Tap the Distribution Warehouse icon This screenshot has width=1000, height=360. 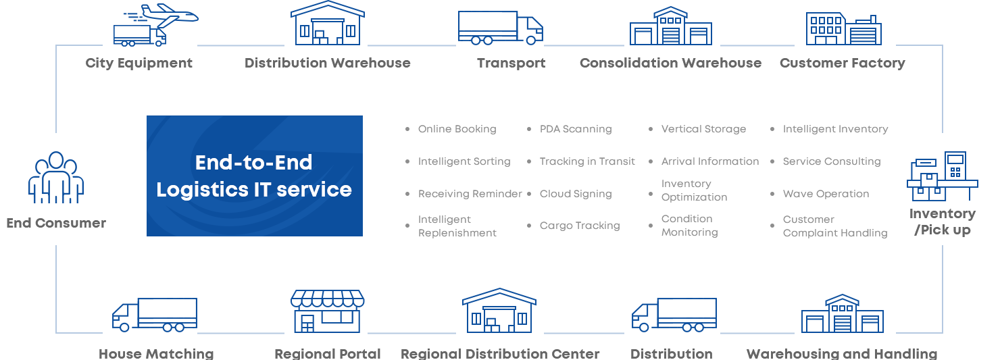[x=328, y=23]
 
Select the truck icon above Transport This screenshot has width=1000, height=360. [x=501, y=28]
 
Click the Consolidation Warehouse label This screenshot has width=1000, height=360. [x=670, y=63]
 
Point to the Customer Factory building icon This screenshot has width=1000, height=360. [x=843, y=29]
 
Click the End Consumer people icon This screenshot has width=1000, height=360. [x=56, y=178]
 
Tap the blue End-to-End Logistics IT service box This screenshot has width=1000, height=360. [x=255, y=176]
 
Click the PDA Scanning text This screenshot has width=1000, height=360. [x=576, y=129]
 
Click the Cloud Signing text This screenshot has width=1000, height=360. [x=576, y=194]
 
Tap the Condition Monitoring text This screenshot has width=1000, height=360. [x=690, y=226]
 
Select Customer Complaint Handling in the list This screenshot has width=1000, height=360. [x=835, y=226]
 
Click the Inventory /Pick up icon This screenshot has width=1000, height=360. [x=943, y=176]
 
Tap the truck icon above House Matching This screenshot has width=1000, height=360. [x=155, y=315]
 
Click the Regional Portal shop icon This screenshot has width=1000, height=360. [x=328, y=311]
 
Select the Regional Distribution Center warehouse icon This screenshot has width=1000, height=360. [x=499, y=311]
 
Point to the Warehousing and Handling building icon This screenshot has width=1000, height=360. [x=843, y=313]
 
